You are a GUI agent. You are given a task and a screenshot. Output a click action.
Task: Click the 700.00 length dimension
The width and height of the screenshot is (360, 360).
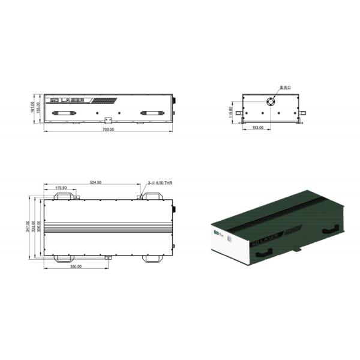[108, 129]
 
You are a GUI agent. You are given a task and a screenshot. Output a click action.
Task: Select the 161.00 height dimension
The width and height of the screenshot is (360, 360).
[33, 108]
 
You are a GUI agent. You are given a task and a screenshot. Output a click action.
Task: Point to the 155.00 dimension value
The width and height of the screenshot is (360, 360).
[38, 108]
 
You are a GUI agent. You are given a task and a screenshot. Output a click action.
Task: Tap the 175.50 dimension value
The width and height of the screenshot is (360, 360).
[61, 188]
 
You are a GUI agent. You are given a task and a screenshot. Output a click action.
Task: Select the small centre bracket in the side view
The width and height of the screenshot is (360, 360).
[109, 119]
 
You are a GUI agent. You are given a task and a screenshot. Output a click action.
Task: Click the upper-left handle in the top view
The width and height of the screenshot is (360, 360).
[67, 195]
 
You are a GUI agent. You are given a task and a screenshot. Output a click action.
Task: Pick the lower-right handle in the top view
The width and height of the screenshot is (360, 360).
[151, 258]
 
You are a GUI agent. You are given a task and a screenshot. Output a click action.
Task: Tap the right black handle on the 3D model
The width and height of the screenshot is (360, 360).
[329, 229]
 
